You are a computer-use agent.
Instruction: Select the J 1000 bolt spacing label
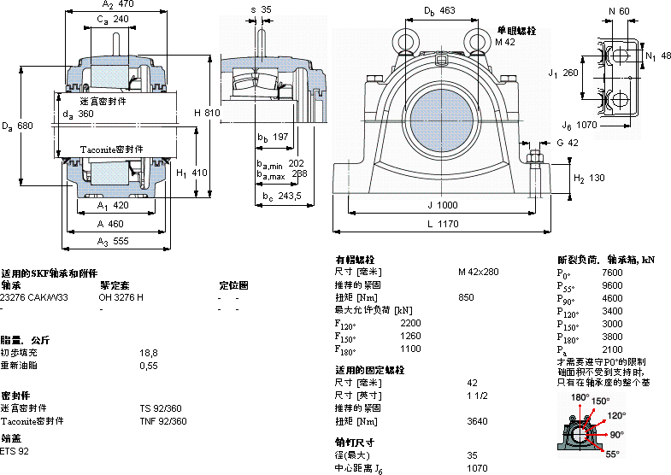click(x=442, y=205)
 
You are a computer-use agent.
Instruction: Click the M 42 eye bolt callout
click(x=504, y=41)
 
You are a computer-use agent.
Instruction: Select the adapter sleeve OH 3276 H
click(x=121, y=297)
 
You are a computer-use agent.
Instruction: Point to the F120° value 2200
click(x=410, y=322)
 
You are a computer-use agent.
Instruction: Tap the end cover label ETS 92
click(x=15, y=450)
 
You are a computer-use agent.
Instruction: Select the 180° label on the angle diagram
click(x=580, y=397)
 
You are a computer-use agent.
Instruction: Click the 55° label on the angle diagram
click(x=612, y=454)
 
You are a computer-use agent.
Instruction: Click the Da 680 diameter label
click(x=18, y=126)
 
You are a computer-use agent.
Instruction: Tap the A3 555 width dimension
click(x=113, y=241)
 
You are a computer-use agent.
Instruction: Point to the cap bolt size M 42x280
click(x=479, y=272)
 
